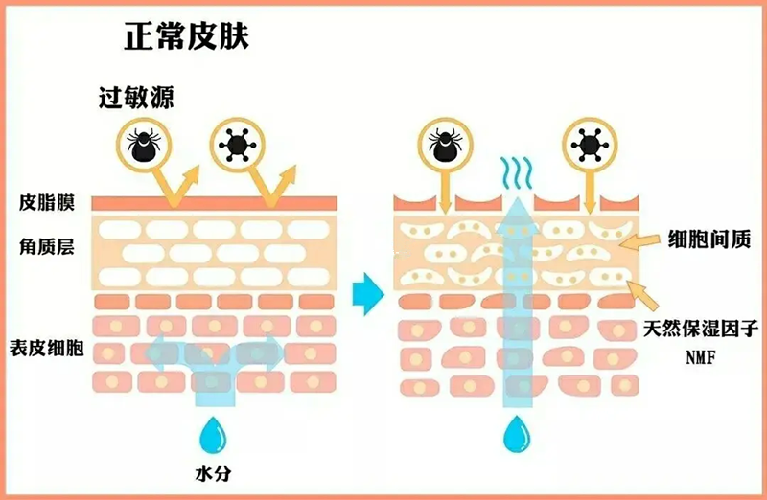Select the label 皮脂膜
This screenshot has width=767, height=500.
(47, 203)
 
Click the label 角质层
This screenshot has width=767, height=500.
(47, 247)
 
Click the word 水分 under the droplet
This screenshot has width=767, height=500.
(211, 473)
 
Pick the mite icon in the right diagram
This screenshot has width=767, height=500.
(445, 145)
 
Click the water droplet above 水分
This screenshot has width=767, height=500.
(211, 434)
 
